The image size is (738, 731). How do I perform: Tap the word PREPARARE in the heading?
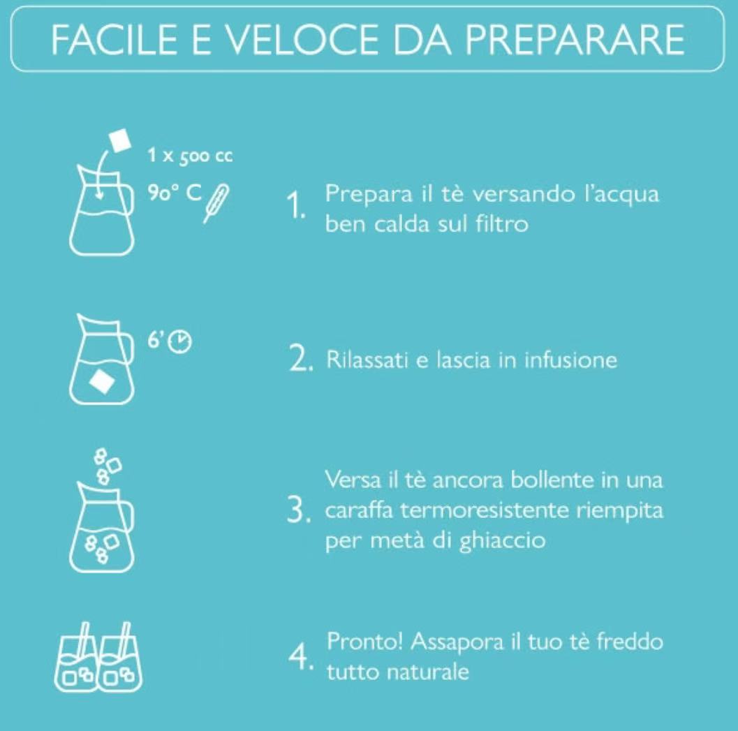coord(575,39)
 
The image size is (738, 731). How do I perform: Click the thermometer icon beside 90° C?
coord(216,203)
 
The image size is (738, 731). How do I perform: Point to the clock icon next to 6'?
coord(180,341)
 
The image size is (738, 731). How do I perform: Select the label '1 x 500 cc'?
coord(190,155)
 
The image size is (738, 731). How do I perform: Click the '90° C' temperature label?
coord(175,192)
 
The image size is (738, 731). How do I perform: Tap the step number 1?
coord(295,206)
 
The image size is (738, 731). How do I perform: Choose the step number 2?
coord(300,360)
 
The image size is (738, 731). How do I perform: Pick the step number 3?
coord(299,510)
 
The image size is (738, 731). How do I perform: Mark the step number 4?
coord(300,656)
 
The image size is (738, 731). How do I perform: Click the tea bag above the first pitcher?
coord(120,140)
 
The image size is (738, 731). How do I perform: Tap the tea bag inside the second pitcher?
coord(102,381)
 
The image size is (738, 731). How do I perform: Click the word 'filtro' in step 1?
coord(502,223)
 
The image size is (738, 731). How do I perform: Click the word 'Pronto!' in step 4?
coord(365,641)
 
